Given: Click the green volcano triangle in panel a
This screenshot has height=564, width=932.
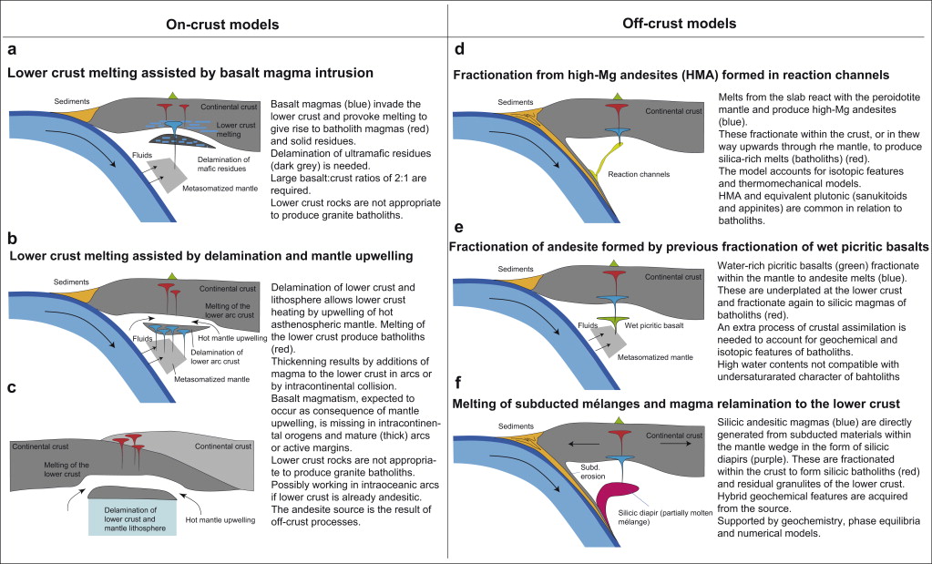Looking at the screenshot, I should click(173, 96).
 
